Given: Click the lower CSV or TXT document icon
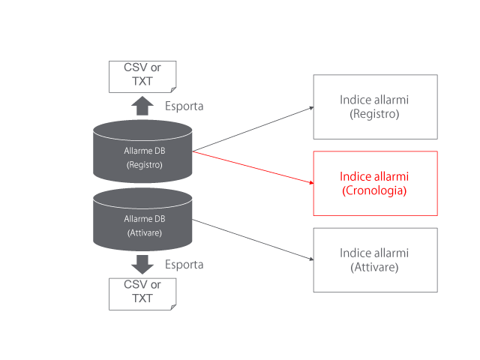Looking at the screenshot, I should pyautogui.click(x=142, y=293).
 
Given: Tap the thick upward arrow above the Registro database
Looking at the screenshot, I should pyautogui.click(x=142, y=105).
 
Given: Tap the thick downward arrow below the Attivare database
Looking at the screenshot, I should pyautogui.click(x=142, y=264).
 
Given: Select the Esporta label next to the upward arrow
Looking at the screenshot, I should pyautogui.click(x=184, y=106).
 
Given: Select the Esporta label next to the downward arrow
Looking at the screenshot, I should pyautogui.click(x=184, y=265).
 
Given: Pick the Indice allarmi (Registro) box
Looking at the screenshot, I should pyautogui.click(x=375, y=106).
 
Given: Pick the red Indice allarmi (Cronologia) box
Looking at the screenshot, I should pyautogui.click(x=375, y=184).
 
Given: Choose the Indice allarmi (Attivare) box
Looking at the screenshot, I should pyautogui.click(x=375, y=260).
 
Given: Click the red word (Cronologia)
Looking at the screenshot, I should pyautogui.click(x=374, y=191).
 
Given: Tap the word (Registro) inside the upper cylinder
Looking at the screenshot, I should pyautogui.click(x=143, y=164).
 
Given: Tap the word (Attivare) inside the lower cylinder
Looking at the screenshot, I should pyautogui.click(x=143, y=232).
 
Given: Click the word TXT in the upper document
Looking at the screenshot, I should pyautogui.click(x=142, y=82).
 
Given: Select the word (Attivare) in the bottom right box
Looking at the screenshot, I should pyautogui.click(x=374, y=268).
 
